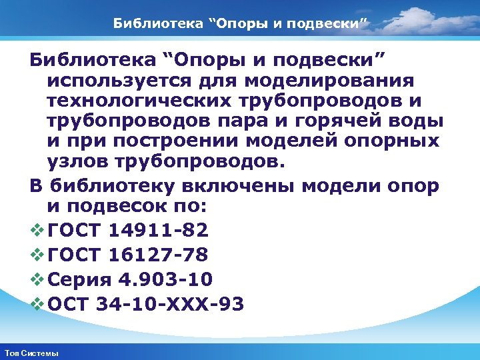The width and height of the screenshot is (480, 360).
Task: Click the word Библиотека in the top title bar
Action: click(x=151, y=25)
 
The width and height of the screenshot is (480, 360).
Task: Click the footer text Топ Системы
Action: click(x=31, y=353)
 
